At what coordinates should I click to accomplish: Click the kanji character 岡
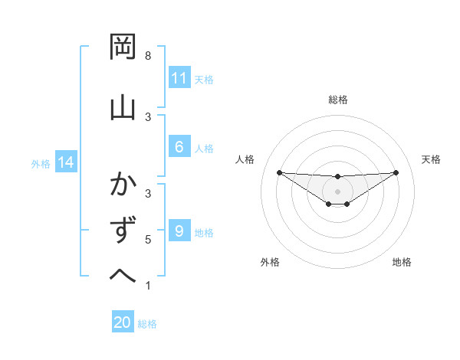tap(123, 49)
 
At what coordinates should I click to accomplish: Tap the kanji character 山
tap(123, 107)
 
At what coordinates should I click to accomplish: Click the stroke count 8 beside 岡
tap(148, 56)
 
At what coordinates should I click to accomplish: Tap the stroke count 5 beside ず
tap(148, 240)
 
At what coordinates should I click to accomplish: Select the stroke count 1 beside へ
tap(148, 286)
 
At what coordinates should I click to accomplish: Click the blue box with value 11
tap(179, 78)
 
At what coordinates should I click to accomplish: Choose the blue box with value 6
tap(179, 147)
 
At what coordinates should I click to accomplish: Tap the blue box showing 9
tap(179, 231)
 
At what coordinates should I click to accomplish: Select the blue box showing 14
tap(66, 162)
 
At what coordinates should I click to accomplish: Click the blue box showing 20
tap(123, 323)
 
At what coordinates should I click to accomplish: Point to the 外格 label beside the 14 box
tap(41, 163)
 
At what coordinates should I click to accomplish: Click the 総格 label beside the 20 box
tap(147, 324)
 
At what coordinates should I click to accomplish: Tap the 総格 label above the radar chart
tap(337, 100)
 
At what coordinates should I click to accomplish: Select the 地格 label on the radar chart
tap(402, 262)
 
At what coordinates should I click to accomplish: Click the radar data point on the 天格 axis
tap(396, 172)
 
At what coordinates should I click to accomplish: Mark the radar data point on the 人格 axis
tap(279, 172)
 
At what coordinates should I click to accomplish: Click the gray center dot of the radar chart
tap(337, 191)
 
